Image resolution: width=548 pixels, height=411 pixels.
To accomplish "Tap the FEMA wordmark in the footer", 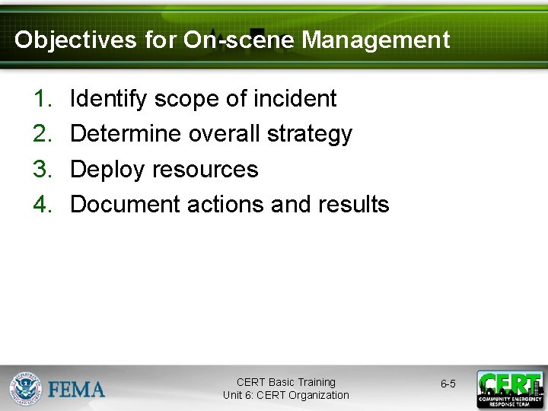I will point(77,389).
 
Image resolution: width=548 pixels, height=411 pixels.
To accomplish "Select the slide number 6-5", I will point(448,384).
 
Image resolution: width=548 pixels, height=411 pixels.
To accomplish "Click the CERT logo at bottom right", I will point(509,389).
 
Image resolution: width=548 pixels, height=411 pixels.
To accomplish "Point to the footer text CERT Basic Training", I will point(285,382).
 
